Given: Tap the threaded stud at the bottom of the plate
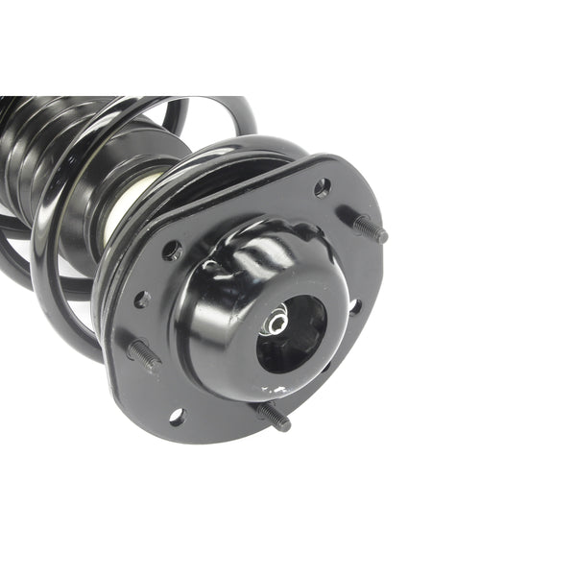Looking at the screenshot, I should (x=272, y=416).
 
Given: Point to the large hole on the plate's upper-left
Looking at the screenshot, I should (x=173, y=251).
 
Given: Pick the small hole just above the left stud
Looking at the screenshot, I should (x=142, y=300).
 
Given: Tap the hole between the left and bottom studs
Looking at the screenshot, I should (x=176, y=416).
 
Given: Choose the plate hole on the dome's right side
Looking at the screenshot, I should (x=354, y=307).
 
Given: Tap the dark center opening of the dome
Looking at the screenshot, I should (x=293, y=331).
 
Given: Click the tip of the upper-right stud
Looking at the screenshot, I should (x=383, y=235).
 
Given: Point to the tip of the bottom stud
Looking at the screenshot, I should (x=285, y=426).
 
